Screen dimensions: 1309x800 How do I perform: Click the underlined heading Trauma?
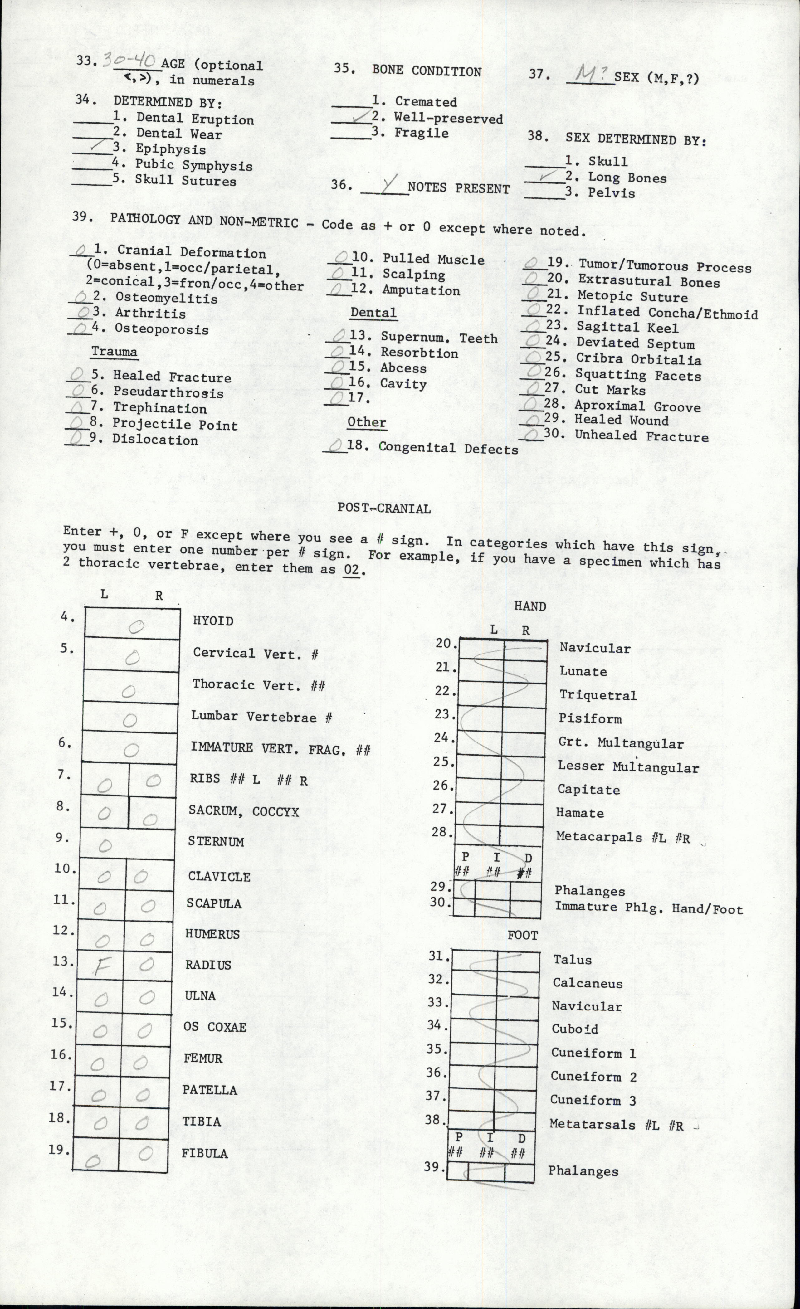pyautogui.click(x=114, y=352)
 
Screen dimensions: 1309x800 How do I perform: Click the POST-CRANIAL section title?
pyautogui.click(x=384, y=509)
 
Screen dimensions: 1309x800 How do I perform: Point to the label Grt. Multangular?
pyautogui.click(x=621, y=743)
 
